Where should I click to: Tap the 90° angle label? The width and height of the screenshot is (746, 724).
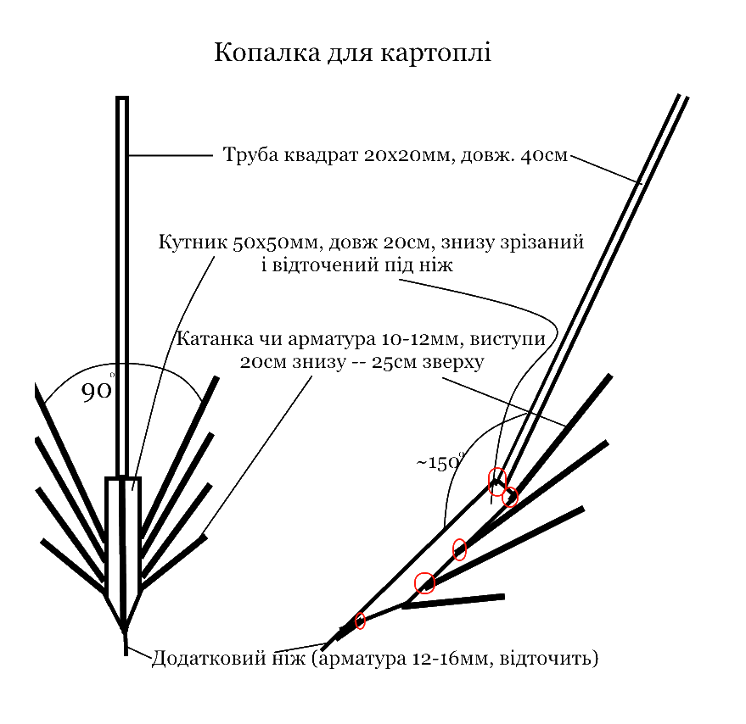point(98,390)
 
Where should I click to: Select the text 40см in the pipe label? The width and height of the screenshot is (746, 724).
point(544,155)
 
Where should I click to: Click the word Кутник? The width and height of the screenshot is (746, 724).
point(193,242)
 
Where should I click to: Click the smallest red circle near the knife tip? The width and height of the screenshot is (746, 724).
point(360,621)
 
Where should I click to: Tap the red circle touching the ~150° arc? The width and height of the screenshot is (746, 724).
point(497,482)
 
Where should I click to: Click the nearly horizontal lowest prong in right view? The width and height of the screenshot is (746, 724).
point(453,601)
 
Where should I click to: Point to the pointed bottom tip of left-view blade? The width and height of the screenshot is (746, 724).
point(125,630)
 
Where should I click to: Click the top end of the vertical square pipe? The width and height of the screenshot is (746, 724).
point(122,97)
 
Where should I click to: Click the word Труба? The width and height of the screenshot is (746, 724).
point(250,155)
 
